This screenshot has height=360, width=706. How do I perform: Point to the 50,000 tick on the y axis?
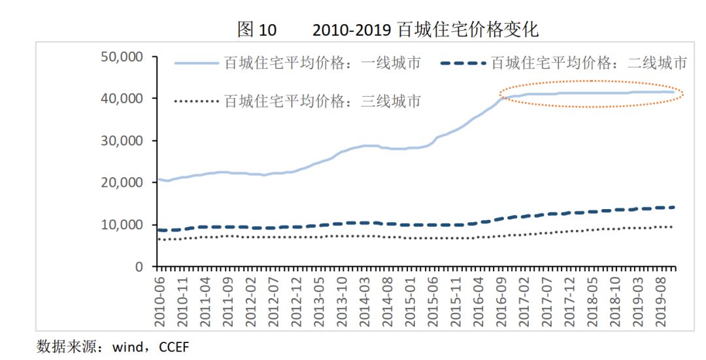(x=122, y=57)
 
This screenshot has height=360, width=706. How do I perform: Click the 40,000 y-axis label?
(x=122, y=99)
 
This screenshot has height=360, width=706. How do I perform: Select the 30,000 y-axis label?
(x=122, y=140)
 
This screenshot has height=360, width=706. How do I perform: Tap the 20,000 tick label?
(x=122, y=183)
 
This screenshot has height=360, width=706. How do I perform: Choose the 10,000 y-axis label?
(x=122, y=225)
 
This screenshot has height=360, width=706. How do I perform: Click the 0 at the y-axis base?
(x=138, y=267)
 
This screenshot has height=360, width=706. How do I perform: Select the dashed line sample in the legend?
(x=463, y=63)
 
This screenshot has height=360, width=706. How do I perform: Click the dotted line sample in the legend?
(x=196, y=101)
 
